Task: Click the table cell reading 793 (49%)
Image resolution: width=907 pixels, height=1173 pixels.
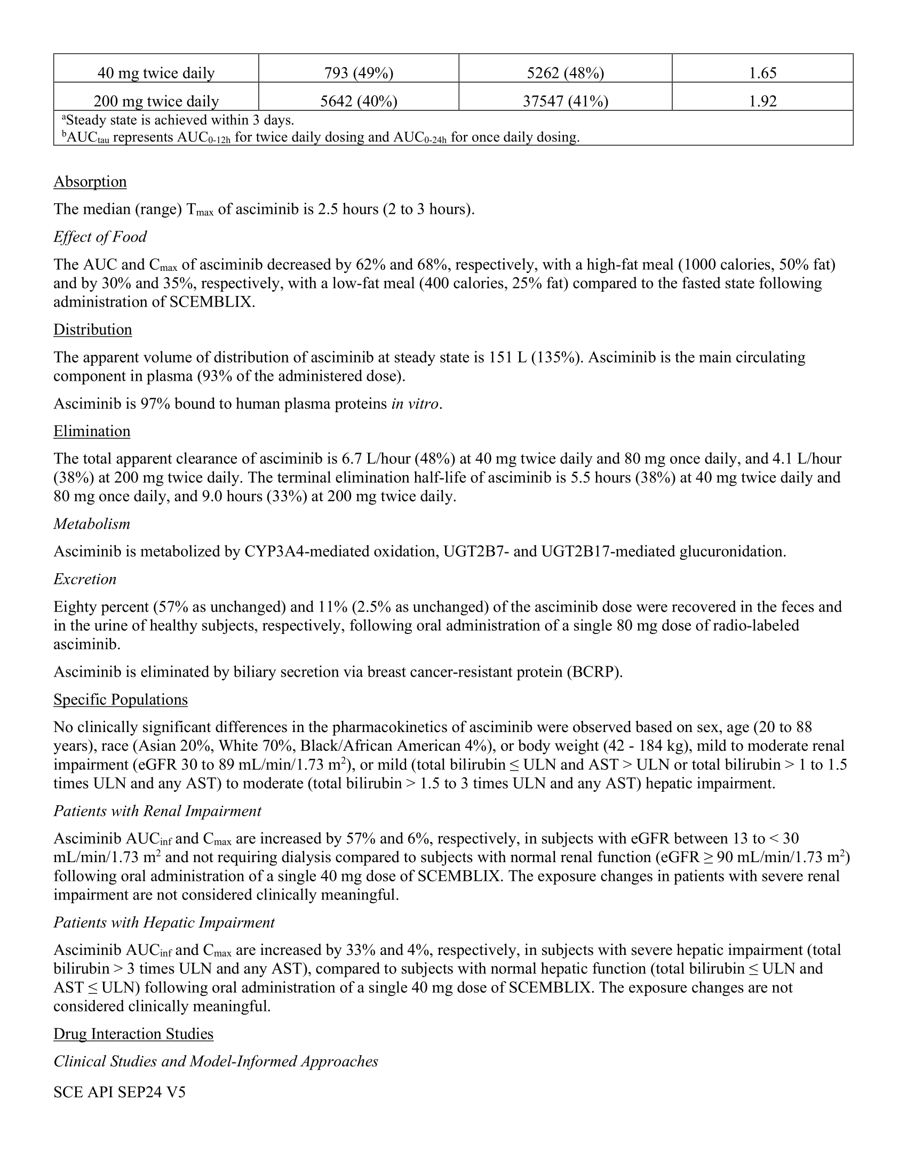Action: click(359, 73)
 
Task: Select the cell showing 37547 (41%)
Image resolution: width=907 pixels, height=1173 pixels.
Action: click(565, 101)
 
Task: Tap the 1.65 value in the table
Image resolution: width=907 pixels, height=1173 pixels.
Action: click(762, 73)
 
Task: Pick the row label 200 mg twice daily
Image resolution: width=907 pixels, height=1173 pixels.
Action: click(156, 101)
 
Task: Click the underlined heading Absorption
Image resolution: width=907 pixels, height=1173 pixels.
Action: click(90, 181)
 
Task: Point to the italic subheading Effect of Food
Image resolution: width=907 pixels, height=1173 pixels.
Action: click(99, 237)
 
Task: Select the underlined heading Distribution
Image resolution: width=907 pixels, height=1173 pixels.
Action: click(92, 329)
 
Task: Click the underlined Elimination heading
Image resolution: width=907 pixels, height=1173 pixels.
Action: click(92, 431)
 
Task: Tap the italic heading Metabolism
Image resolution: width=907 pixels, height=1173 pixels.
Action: click(92, 524)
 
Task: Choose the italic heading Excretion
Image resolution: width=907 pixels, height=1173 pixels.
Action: click(85, 579)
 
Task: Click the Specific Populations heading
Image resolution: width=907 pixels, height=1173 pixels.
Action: click(121, 700)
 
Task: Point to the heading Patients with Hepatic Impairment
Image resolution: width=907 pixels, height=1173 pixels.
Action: click(164, 922)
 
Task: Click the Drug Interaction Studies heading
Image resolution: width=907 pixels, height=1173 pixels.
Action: click(133, 1034)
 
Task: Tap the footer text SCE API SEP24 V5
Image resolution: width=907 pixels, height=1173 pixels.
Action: click(120, 1092)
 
